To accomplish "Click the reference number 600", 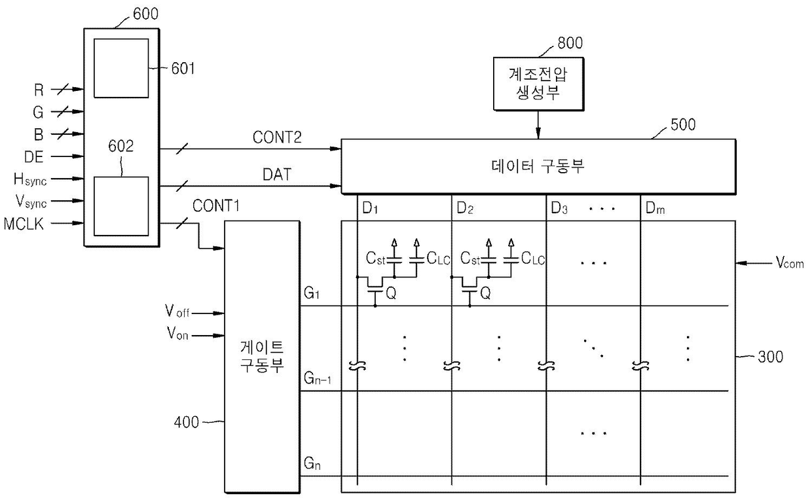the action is [146, 14].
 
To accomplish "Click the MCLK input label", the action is [24, 224].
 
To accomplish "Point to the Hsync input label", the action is [30, 180].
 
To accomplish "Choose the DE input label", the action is [33, 157].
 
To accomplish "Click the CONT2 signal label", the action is [277, 137].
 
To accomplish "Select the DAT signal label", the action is [277, 175].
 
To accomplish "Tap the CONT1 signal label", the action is [216, 205].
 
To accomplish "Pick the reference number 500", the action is [683, 124].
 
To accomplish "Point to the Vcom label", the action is [790, 262].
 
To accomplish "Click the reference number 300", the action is [771, 357].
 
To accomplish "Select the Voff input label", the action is [177, 311].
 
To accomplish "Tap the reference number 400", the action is [187, 422].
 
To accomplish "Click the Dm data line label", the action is [655, 208].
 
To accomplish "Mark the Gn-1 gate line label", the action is [317, 378].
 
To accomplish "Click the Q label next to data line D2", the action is [485, 293].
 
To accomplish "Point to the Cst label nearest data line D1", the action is [375, 258].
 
